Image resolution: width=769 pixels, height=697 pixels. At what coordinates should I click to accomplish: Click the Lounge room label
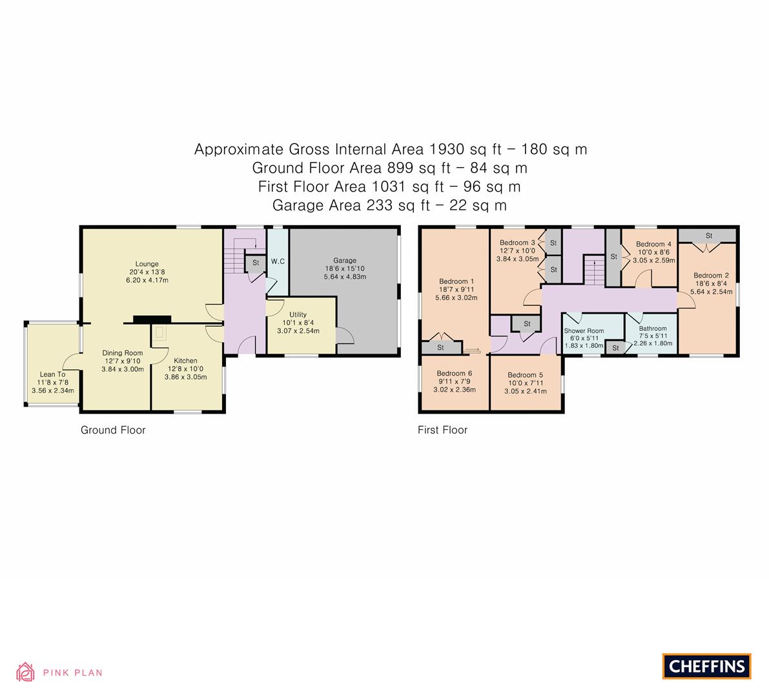coord(147,263)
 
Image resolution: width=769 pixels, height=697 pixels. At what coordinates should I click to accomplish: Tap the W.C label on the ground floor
coord(278,261)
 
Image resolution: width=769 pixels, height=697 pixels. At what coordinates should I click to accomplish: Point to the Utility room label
coord(298,314)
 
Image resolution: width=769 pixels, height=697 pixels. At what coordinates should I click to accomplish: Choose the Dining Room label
coord(122,353)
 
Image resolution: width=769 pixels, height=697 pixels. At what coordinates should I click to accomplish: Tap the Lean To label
coord(52,374)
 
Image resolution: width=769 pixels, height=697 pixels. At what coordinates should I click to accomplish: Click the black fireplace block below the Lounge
coord(152,318)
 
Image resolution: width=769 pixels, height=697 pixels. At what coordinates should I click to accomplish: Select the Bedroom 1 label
coord(456,281)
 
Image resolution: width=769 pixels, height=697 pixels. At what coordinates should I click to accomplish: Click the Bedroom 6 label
coord(454,373)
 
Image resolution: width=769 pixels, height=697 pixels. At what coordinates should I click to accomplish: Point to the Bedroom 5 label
coord(525,375)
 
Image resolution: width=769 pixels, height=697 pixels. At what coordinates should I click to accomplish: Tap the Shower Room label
coord(584,331)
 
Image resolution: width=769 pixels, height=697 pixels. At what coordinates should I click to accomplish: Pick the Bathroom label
coord(653,328)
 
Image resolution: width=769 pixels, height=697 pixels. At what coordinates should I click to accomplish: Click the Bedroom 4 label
coord(653,244)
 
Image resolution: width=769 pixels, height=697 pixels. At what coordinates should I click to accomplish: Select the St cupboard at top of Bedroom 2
coord(708,235)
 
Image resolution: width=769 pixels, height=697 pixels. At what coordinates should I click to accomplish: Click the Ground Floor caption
coord(113,430)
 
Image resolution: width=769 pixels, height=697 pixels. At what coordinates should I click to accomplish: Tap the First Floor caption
coord(442,430)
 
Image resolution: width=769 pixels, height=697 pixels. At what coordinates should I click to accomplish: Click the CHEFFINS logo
coord(706,666)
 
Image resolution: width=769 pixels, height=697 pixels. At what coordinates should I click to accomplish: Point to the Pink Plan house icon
coord(25,672)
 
